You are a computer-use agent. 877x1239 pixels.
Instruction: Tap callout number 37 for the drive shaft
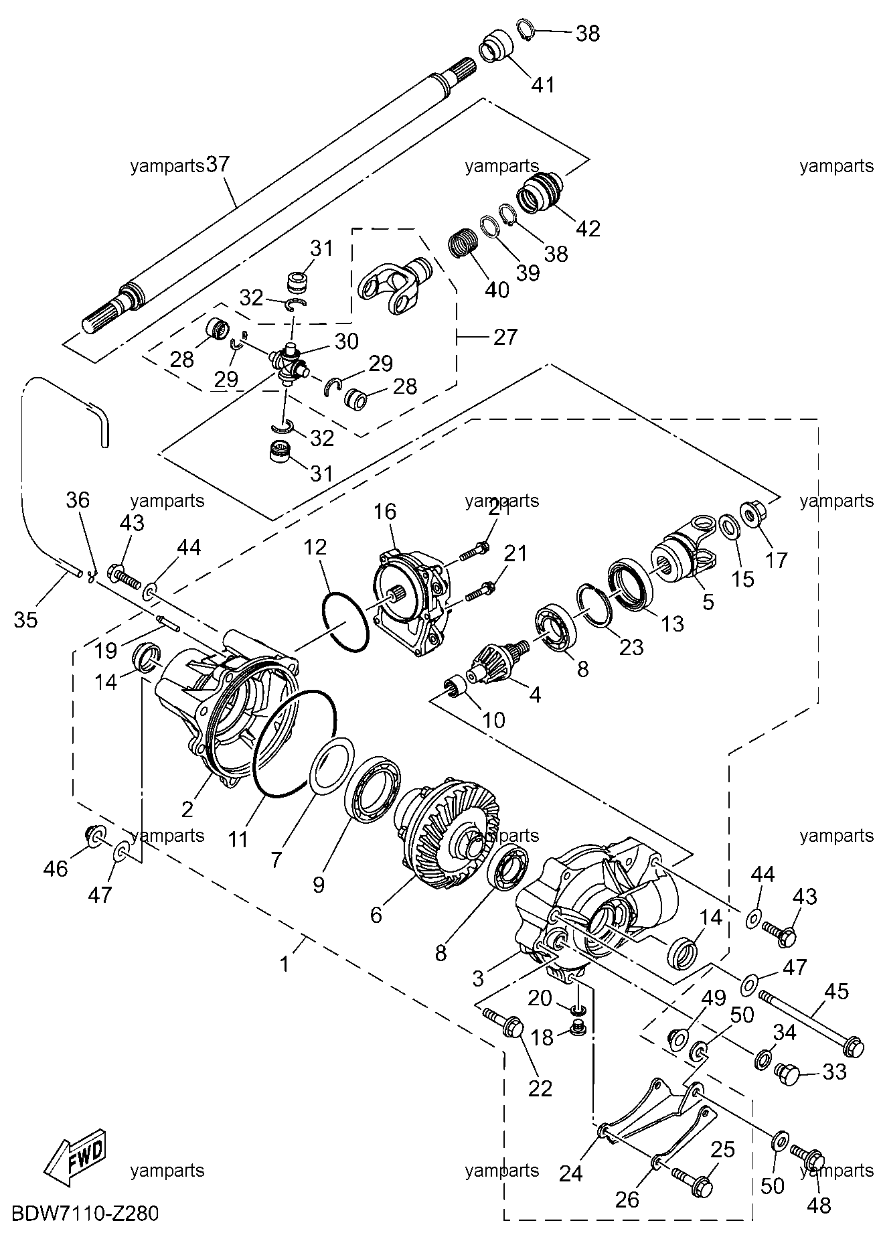(x=218, y=165)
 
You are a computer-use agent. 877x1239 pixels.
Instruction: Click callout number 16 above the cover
(x=385, y=512)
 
